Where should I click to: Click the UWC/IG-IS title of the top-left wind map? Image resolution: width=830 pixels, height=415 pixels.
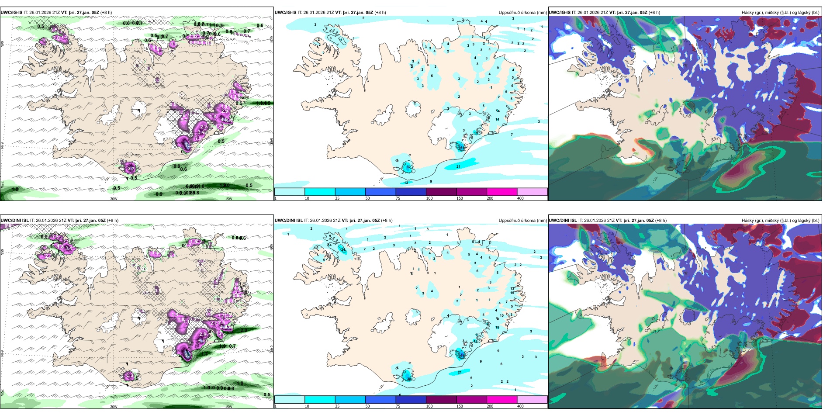pos(11,12)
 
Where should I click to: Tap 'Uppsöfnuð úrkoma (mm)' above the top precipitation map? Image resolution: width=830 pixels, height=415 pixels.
pos(522,12)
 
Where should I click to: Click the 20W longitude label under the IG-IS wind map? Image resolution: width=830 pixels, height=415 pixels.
pos(114,198)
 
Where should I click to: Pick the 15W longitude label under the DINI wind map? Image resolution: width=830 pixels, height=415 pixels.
pos(228,406)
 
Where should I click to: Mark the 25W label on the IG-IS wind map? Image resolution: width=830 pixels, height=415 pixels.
pos(2,184)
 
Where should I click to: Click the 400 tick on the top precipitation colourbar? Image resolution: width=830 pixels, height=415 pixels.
pos(520,198)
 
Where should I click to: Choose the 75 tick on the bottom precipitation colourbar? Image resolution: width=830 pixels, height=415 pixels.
pos(398,406)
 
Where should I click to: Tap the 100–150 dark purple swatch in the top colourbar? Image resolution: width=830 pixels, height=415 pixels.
pos(441,192)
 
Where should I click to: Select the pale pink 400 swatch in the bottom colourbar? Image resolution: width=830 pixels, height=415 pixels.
pos(532,400)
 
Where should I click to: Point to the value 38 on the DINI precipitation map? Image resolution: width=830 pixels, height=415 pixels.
pos(409,379)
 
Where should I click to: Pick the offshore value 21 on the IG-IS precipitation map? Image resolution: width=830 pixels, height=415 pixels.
pos(459,166)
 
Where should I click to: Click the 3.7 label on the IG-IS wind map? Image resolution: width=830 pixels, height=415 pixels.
pos(131,169)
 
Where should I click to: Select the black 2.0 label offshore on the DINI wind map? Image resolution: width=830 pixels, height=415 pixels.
pos(244,330)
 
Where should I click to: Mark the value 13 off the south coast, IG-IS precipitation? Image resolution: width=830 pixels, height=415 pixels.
pos(406,183)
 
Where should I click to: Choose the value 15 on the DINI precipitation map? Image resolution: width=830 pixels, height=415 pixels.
pos(512,293)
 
